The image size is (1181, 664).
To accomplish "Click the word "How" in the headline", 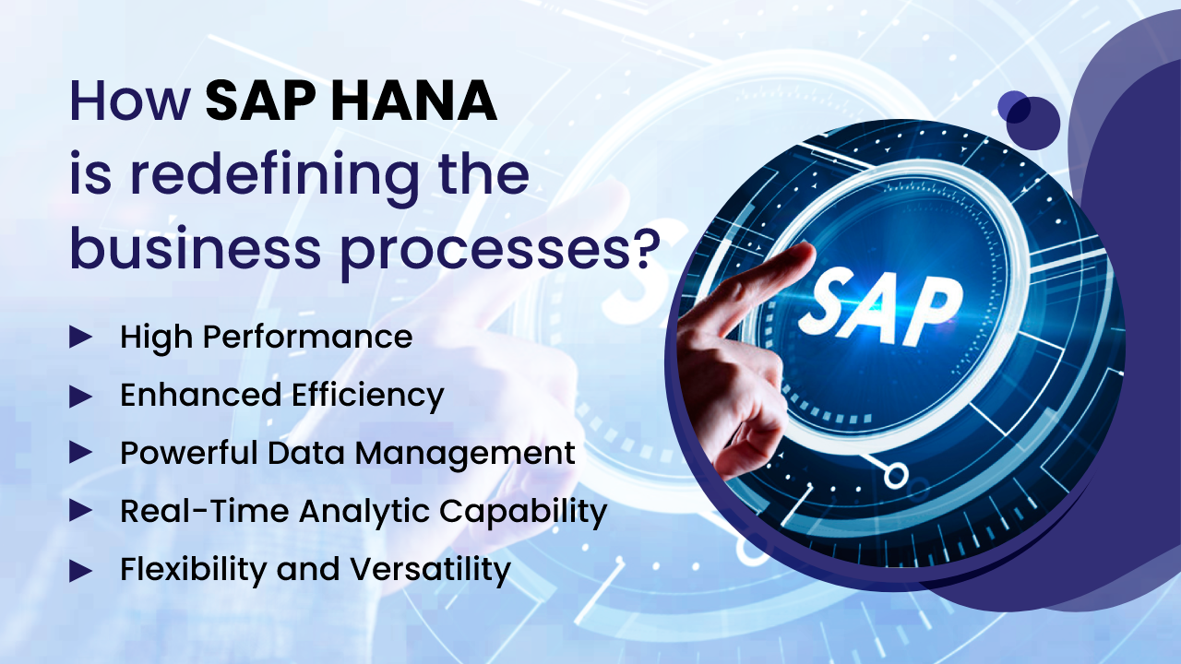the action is click(130, 101).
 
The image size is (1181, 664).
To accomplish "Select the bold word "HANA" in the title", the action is click(414, 101).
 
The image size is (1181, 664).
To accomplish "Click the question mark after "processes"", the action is click(647, 248).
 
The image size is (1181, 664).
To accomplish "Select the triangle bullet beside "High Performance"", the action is click(80, 338).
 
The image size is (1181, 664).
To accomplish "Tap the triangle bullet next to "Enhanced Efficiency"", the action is click(80, 397).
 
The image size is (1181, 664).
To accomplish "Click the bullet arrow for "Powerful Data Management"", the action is click(80, 453).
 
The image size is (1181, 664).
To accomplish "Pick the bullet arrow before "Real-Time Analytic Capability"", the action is click(80, 510).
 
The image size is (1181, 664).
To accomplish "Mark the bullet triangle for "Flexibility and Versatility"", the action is click(80, 571).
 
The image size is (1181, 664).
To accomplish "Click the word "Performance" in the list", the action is click(308, 338).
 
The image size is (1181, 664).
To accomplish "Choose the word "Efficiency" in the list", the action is click(368, 397).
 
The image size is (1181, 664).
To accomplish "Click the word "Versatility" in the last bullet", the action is click(430, 570).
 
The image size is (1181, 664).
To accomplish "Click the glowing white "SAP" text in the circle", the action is click(881, 307).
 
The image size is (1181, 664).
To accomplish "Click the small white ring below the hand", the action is click(896, 475).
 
